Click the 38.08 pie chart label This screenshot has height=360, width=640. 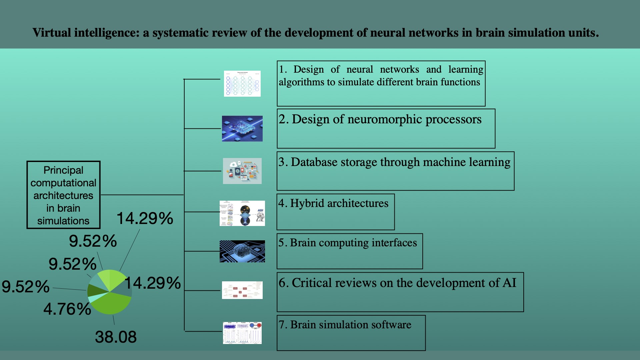(116, 337)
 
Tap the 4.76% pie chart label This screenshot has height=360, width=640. (67, 309)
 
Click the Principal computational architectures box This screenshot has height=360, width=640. (63, 195)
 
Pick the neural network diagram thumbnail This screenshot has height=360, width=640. (242, 84)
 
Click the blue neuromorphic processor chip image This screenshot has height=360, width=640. (242, 129)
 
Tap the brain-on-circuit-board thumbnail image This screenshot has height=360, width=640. (242, 251)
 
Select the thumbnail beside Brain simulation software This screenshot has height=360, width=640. (242, 333)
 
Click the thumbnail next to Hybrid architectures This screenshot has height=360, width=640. (242, 213)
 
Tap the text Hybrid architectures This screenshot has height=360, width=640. (339, 203)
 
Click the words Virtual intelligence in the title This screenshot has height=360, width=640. (85, 33)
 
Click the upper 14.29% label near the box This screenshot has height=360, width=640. (145, 218)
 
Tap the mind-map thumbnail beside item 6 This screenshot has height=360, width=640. (242, 290)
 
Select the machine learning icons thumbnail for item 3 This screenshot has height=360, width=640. (242, 171)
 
